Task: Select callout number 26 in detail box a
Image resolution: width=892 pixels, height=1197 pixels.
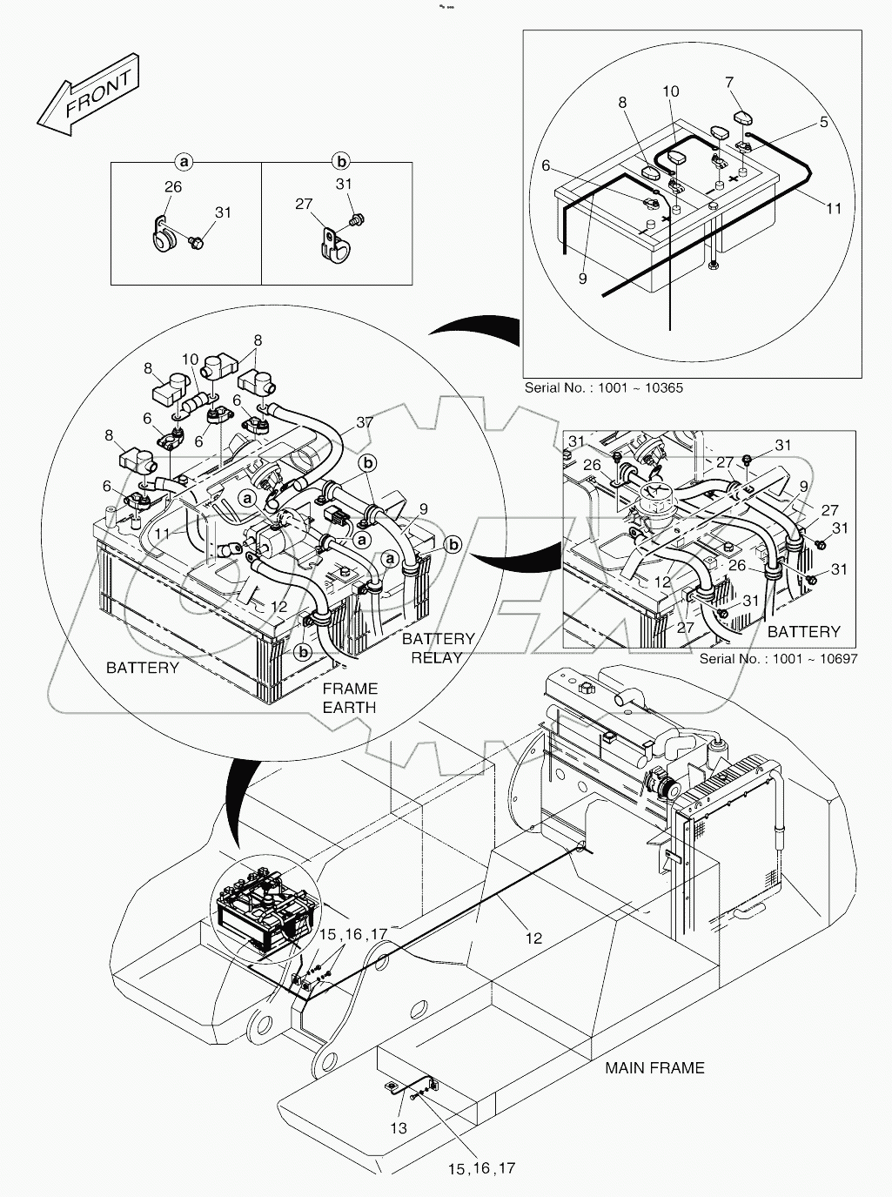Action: click(x=172, y=187)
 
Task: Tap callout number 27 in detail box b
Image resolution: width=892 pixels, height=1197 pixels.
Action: click(x=304, y=204)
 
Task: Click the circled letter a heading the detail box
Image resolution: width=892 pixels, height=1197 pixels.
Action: click(x=184, y=161)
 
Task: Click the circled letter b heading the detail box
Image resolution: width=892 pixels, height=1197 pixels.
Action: click(x=342, y=161)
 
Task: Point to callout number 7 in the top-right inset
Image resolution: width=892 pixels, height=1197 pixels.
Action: click(x=729, y=84)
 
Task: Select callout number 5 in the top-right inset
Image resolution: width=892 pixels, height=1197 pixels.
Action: click(x=824, y=123)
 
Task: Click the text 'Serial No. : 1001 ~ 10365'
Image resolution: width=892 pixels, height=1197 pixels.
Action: click(x=603, y=388)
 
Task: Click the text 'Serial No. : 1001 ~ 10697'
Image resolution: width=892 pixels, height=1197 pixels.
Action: click(x=778, y=658)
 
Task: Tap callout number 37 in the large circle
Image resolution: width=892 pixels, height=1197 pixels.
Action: click(x=366, y=422)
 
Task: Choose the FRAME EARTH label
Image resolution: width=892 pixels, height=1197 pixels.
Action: click(x=350, y=697)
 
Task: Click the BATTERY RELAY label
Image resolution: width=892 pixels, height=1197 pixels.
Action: click(x=438, y=648)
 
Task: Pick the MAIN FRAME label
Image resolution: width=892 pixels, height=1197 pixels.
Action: click(x=654, y=1067)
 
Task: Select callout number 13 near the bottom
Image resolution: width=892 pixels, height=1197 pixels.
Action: click(x=397, y=1128)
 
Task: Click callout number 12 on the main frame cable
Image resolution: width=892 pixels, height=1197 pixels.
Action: click(x=533, y=938)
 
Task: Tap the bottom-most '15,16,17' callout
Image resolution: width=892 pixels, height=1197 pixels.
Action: click(x=481, y=1167)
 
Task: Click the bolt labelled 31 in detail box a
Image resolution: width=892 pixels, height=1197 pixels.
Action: click(x=198, y=245)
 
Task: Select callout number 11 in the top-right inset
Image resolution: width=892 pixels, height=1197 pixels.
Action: click(x=834, y=209)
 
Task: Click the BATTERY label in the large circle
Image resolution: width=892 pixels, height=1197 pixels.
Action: click(x=142, y=668)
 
